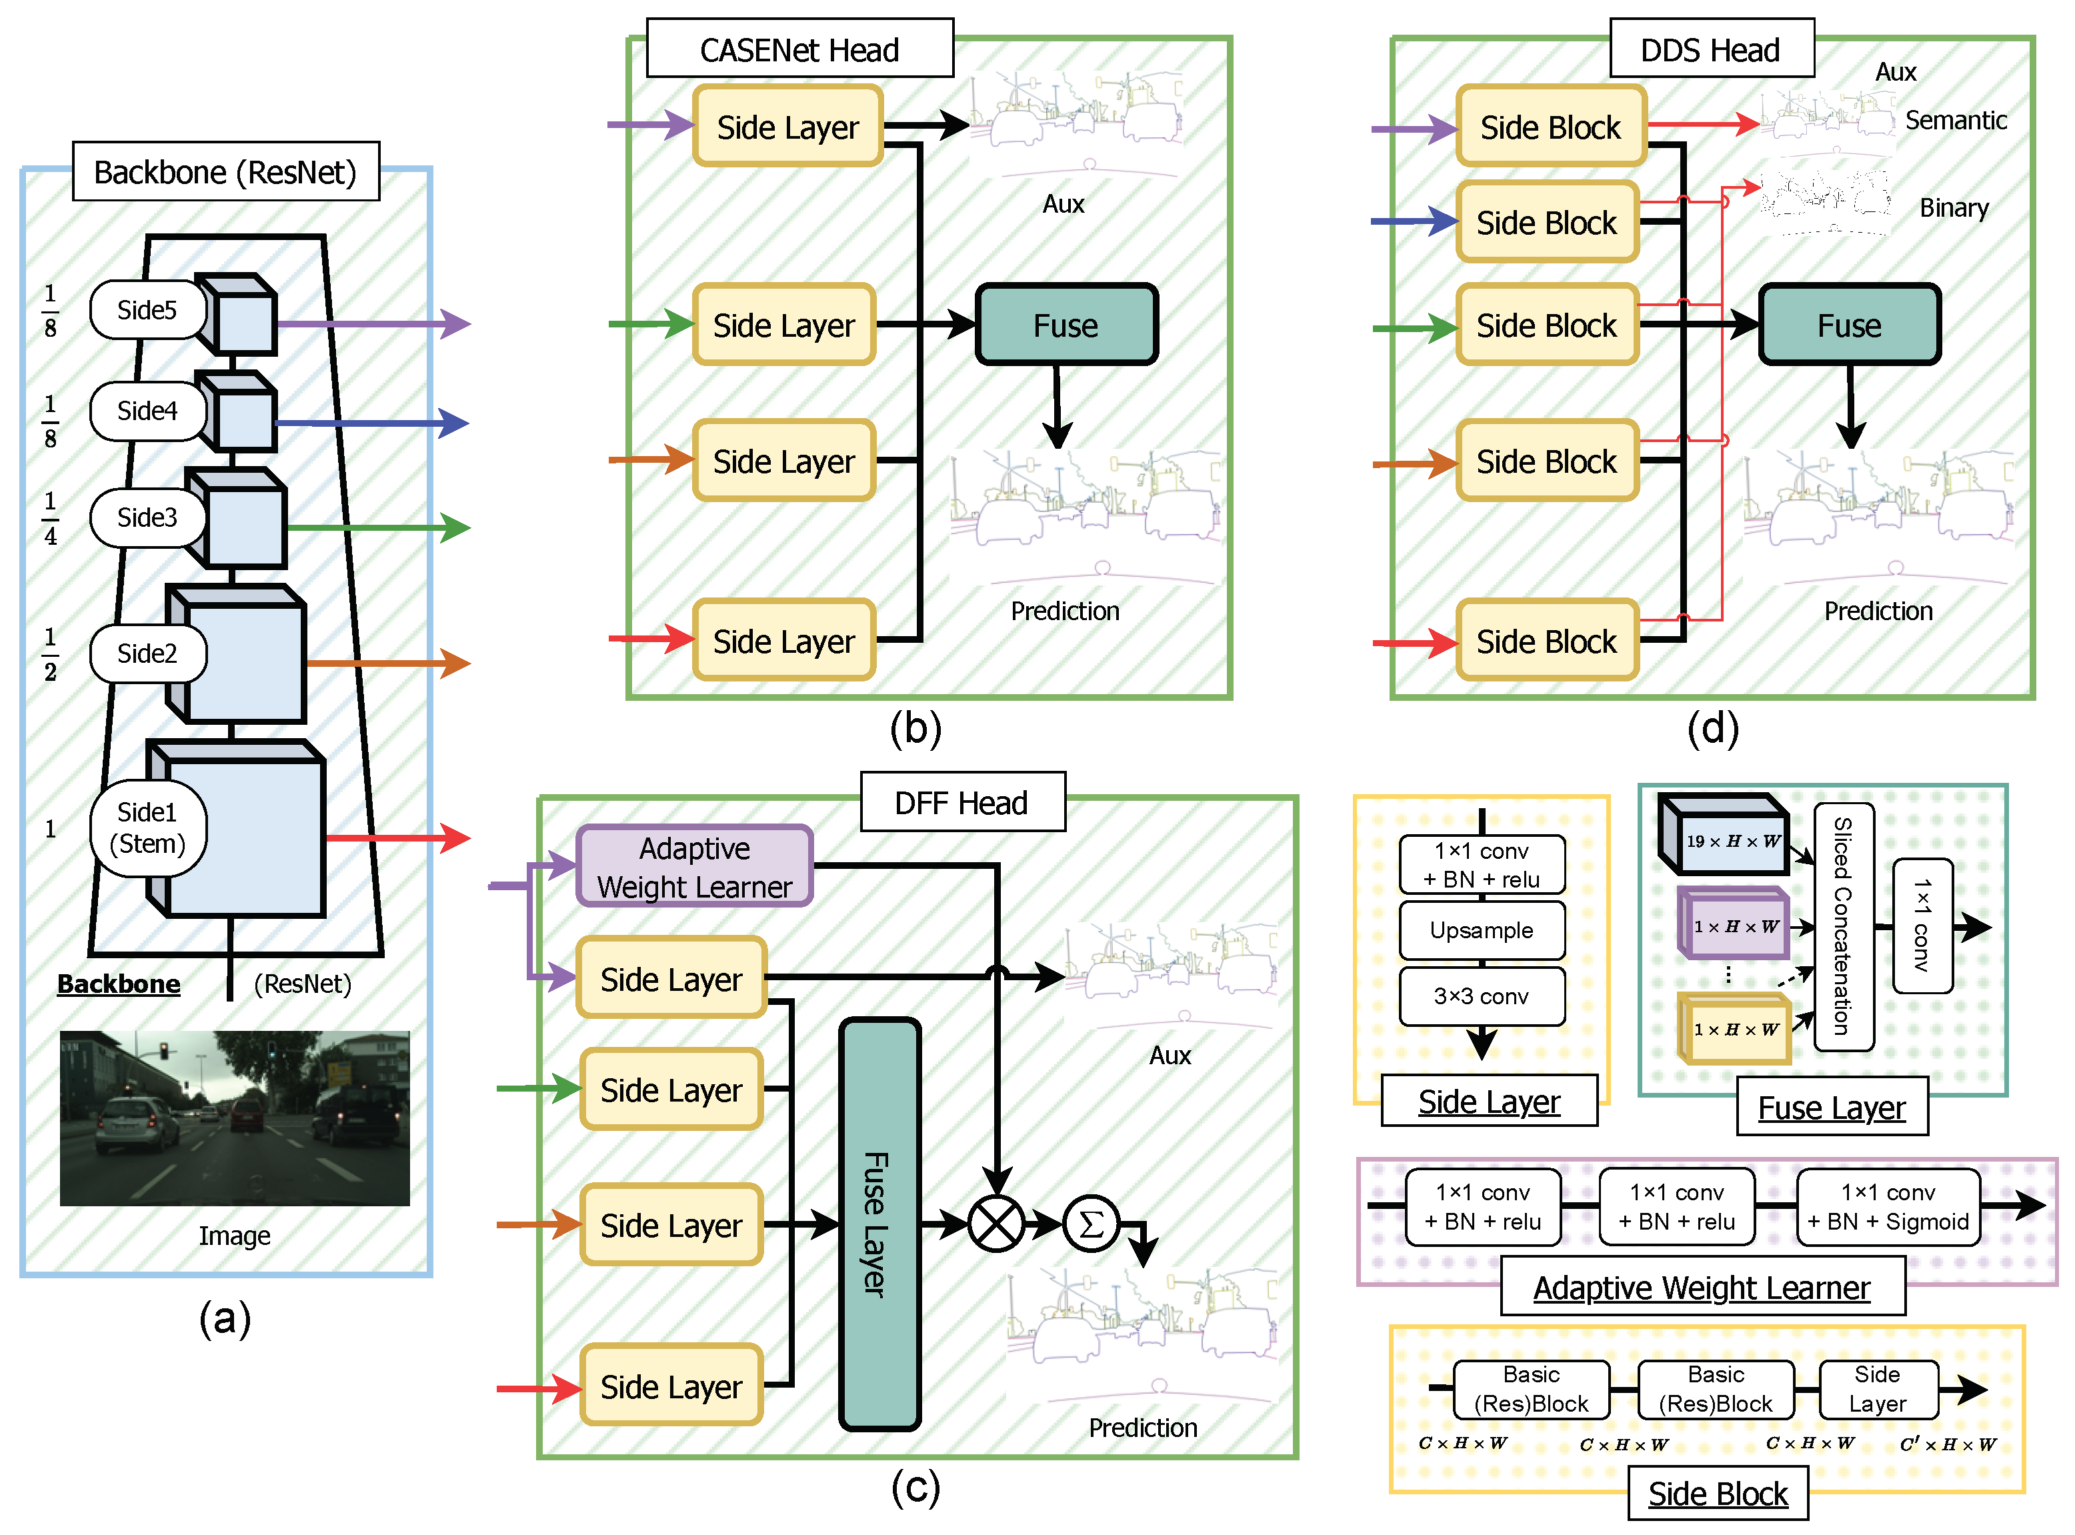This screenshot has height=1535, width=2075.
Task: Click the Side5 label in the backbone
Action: [x=147, y=309]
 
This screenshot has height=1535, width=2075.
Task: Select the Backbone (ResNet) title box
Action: [x=226, y=172]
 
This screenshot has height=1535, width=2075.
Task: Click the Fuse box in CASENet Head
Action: [x=1066, y=325]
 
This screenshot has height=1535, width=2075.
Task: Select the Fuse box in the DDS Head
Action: [x=1848, y=325]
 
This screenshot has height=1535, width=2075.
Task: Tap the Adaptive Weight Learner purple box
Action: [x=694, y=867]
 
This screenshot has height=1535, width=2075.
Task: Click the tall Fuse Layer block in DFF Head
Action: [x=878, y=1224]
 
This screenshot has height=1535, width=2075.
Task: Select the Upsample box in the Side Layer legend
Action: [x=1481, y=930]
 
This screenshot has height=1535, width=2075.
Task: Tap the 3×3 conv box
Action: [x=1481, y=996]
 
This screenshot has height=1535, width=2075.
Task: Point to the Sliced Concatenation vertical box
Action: [x=1843, y=926]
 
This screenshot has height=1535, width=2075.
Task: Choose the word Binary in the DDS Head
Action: [x=1953, y=207]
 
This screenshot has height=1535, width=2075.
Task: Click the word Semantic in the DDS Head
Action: [x=1955, y=120]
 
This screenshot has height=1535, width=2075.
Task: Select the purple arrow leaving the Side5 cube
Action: [x=371, y=324]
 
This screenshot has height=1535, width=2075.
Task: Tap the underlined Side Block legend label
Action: [x=1717, y=1493]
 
